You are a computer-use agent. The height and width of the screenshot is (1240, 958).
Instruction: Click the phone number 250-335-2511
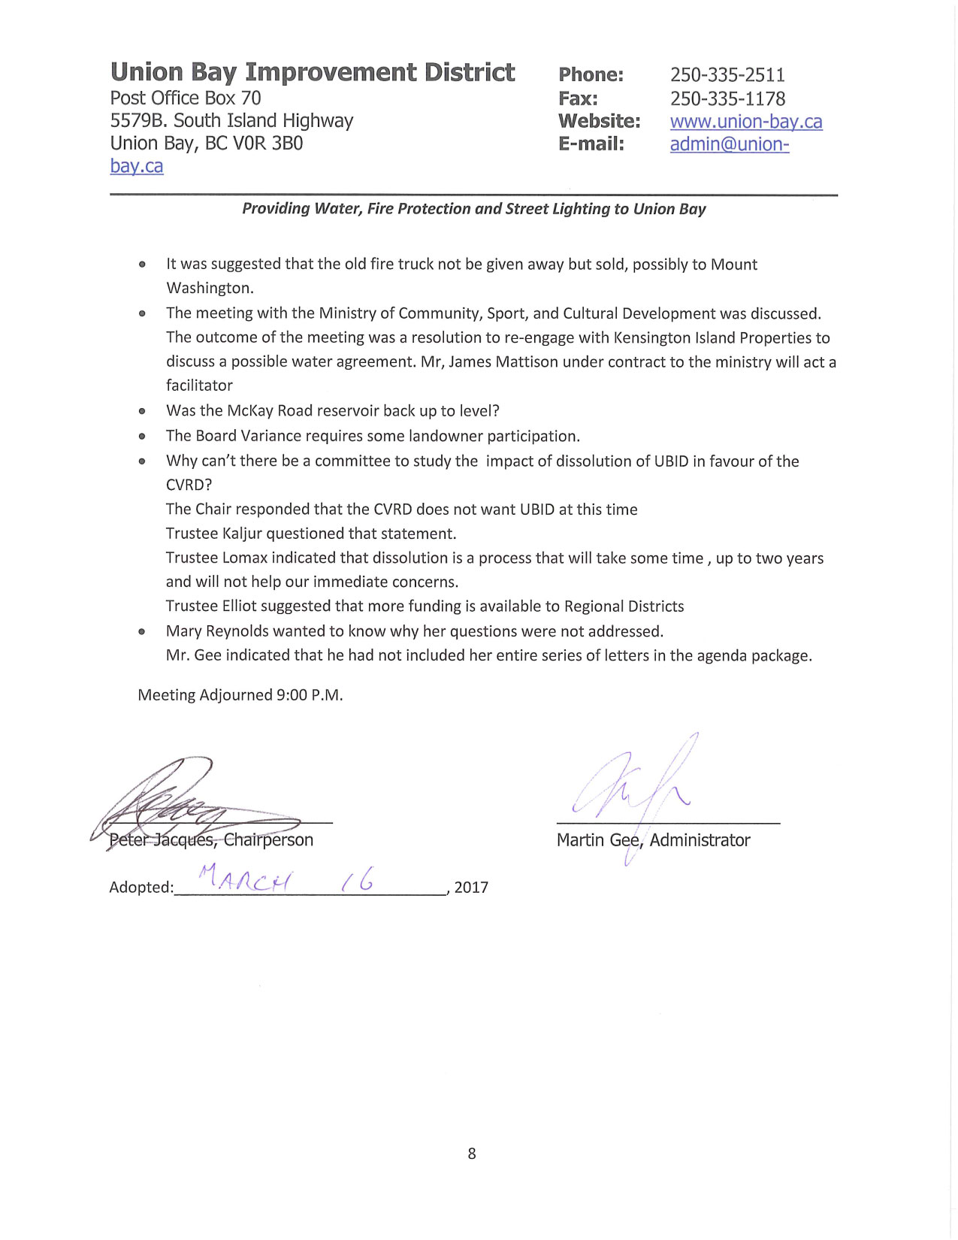pyautogui.click(x=727, y=75)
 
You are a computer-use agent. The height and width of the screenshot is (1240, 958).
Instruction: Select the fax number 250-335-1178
pyautogui.click(x=727, y=98)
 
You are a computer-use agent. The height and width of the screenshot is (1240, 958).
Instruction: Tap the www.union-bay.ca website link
pyautogui.click(x=746, y=122)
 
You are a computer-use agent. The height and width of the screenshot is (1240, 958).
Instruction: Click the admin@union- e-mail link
pyautogui.click(x=730, y=144)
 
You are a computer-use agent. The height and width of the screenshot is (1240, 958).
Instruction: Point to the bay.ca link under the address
pyautogui.click(x=137, y=166)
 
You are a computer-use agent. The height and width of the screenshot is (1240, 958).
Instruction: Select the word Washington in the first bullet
pyautogui.click(x=210, y=288)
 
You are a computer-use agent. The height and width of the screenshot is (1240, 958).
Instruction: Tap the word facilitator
pyautogui.click(x=199, y=386)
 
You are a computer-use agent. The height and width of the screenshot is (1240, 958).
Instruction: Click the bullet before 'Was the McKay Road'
pyautogui.click(x=142, y=411)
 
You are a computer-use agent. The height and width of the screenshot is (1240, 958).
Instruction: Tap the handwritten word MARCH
pyautogui.click(x=246, y=878)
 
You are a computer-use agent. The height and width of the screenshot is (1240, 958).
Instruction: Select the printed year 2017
pyautogui.click(x=471, y=888)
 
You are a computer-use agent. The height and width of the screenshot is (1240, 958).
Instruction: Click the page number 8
pyautogui.click(x=472, y=1154)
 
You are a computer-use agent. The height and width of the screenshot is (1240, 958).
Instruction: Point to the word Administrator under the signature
pyautogui.click(x=700, y=840)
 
